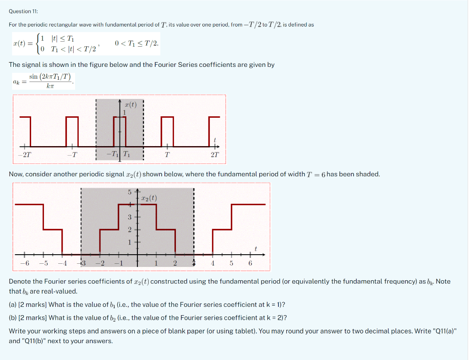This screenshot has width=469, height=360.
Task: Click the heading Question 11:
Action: pos(23,11)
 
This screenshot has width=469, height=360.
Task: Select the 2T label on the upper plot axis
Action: pos(215,155)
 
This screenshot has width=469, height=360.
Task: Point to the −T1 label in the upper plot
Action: pos(111,154)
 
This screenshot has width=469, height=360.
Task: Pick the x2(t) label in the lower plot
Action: pos(149,198)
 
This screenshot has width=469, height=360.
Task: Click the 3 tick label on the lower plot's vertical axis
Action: pos(129,217)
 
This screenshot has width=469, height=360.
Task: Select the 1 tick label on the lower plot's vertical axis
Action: pos(129,242)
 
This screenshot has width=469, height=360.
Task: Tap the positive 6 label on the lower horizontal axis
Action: pos(250,263)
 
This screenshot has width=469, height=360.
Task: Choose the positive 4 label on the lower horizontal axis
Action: pos(213,263)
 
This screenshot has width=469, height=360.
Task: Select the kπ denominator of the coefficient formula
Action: pos(50,86)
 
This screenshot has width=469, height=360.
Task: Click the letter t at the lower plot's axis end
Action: pos(256,249)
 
